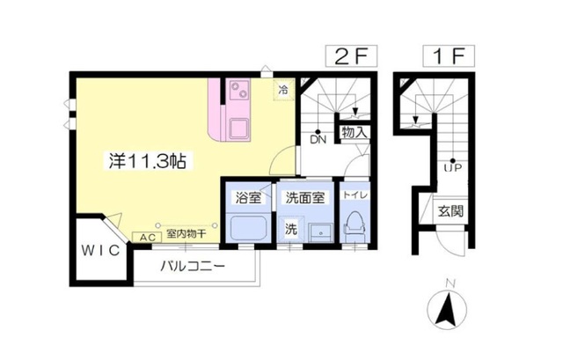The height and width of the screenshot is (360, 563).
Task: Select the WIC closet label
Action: (99, 251)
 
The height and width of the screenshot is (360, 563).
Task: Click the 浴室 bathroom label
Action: (247, 198)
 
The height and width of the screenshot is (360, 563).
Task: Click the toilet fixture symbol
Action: (356, 226)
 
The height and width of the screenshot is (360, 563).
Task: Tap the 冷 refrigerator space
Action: (283, 89)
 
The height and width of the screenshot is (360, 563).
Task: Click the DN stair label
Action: (317, 138)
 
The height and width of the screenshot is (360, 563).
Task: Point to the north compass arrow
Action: (447, 308)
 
